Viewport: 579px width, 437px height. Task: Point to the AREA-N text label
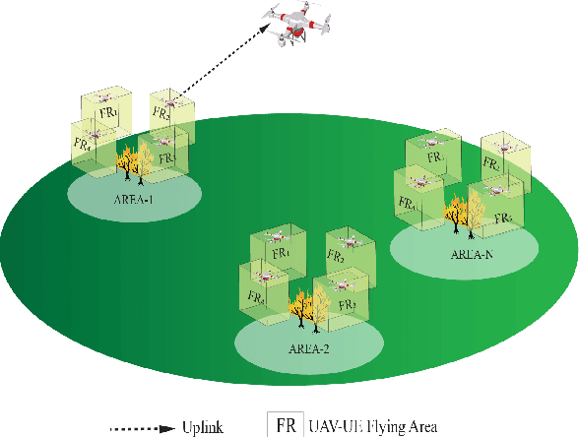point(473,254)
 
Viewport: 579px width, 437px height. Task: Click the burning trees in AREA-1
point(134,162)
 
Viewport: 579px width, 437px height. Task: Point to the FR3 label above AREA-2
point(347,305)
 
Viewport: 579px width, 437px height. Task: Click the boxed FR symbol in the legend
point(286,425)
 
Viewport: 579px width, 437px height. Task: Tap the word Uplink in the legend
point(203,427)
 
